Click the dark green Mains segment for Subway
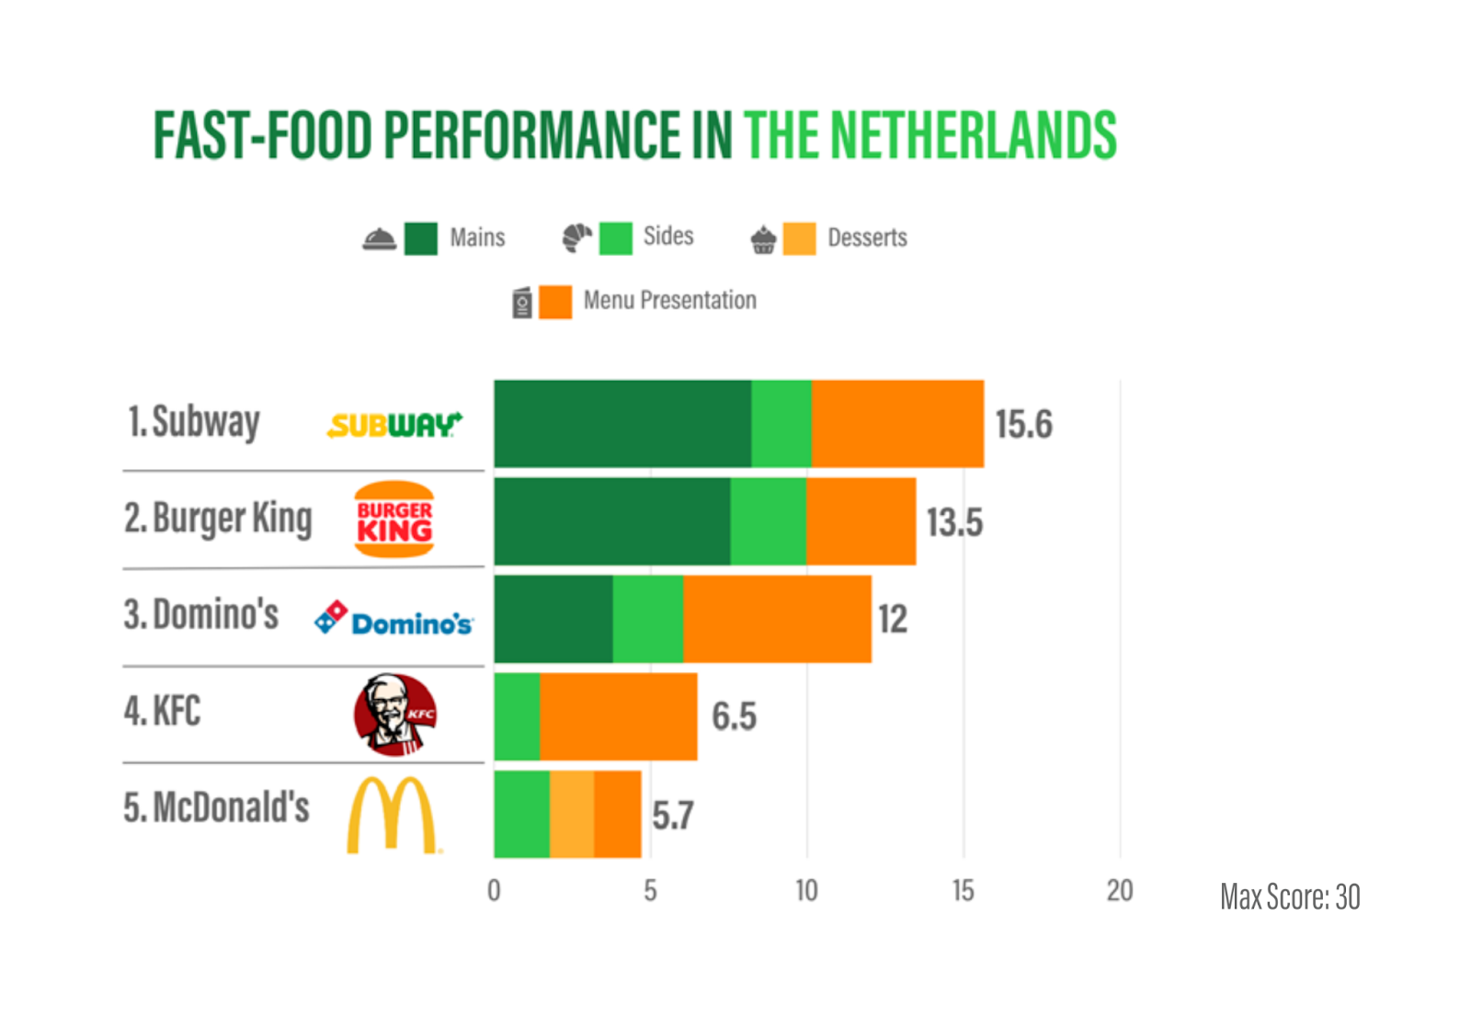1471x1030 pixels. (x=622, y=424)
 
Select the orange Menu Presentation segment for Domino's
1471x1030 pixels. (x=777, y=619)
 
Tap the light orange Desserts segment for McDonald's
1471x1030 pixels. (x=572, y=814)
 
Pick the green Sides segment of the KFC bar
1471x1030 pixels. (x=517, y=716)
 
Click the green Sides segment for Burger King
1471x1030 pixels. (x=768, y=521)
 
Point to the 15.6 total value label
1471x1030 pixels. (x=1023, y=425)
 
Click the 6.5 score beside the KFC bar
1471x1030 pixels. (x=734, y=716)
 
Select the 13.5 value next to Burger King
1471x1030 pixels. (x=954, y=522)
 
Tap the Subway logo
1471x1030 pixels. (x=394, y=425)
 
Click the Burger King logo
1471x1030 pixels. (x=394, y=520)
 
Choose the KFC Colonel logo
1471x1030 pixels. (x=395, y=715)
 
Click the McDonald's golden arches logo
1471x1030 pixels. (x=392, y=815)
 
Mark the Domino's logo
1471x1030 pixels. (x=393, y=619)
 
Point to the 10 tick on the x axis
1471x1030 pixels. (x=806, y=890)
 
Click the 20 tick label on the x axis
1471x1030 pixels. (x=1120, y=890)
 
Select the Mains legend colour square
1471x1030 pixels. (x=421, y=238)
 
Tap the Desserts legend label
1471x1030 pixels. (x=867, y=238)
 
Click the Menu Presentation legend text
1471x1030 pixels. (x=669, y=301)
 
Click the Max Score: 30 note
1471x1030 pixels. (x=1290, y=897)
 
